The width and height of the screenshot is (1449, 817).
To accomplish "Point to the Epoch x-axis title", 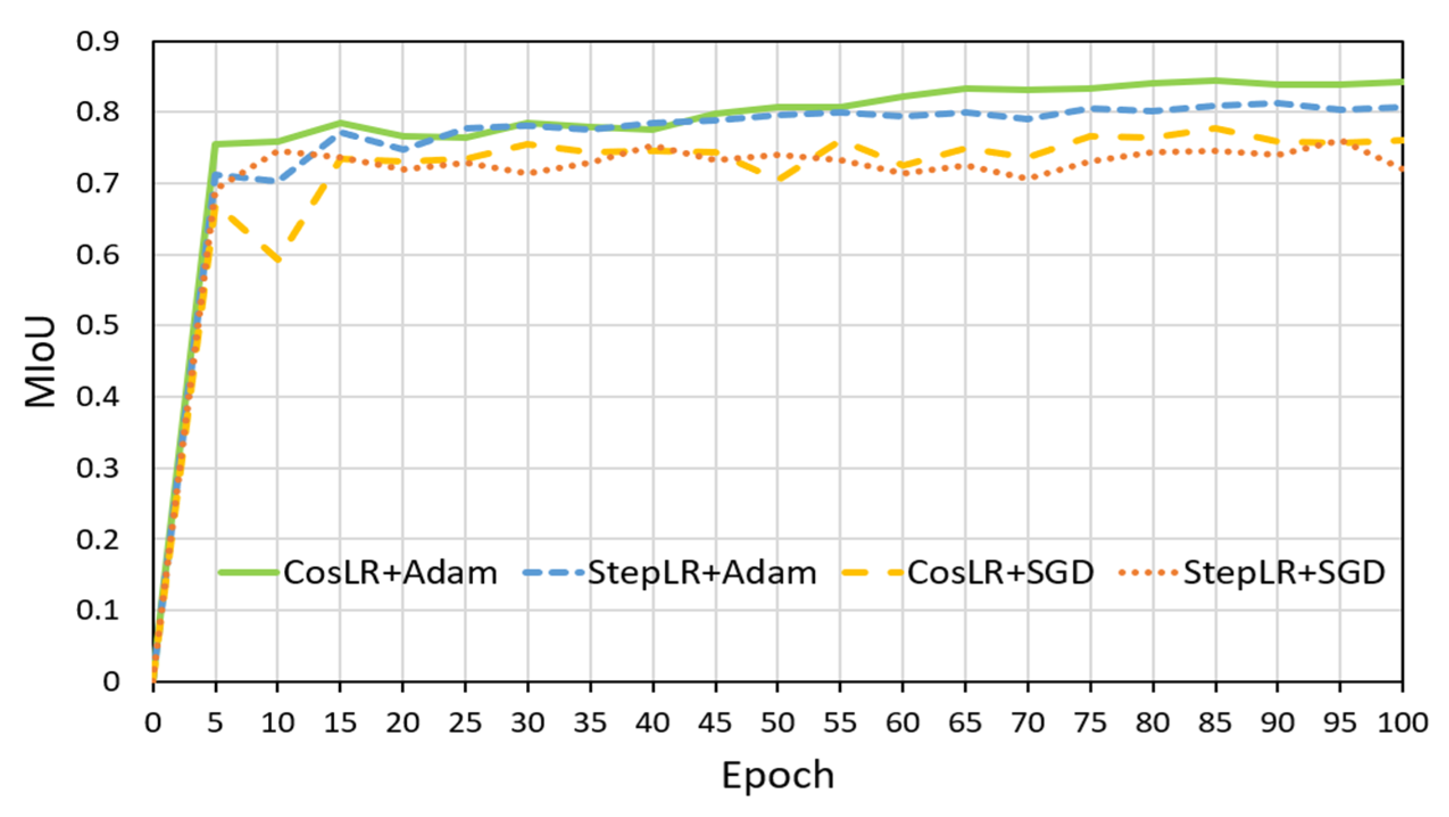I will coord(777,774).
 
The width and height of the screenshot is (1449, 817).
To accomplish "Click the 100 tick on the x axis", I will coord(1402,723).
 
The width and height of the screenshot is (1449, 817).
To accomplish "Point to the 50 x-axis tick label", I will coord(778,723).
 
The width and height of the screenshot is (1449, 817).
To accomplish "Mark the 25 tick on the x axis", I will coord(465,723).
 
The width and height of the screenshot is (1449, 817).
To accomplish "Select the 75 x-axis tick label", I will coord(1090,723).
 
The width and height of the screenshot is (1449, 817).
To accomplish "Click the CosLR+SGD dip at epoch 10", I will coord(278,260).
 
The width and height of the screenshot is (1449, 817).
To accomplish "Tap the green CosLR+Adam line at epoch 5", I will coord(216,144).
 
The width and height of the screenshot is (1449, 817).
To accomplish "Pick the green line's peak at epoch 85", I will coord(1215,81).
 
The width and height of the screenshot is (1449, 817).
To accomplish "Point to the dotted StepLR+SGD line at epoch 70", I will coord(1028,179).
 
